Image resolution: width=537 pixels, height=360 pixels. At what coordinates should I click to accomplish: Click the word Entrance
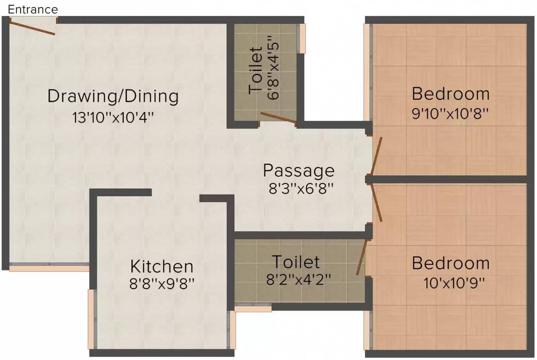click(x=32, y=9)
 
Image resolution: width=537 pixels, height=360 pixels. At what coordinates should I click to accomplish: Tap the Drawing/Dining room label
click(x=113, y=96)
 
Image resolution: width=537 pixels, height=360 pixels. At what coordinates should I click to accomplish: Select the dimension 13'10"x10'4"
click(x=113, y=118)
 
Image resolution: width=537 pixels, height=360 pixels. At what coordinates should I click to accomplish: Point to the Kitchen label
click(x=162, y=266)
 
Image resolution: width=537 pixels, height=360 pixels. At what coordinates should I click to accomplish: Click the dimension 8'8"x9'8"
click(x=162, y=283)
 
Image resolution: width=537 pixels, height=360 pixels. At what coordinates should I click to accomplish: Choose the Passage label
click(x=299, y=171)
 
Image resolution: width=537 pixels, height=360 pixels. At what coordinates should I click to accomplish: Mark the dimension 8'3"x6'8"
click(x=301, y=188)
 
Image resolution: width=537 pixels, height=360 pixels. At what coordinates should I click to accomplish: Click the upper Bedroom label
click(x=450, y=94)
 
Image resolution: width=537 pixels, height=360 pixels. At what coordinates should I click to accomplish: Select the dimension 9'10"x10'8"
click(x=450, y=113)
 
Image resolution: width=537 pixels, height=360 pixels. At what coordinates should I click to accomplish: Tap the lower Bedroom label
click(x=450, y=263)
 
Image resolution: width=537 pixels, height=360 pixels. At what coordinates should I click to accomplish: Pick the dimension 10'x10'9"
click(x=454, y=283)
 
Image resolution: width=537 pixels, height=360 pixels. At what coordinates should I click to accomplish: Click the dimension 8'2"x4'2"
click(x=298, y=279)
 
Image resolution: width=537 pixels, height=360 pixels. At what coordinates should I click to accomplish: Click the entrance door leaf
click(x=31, y=27)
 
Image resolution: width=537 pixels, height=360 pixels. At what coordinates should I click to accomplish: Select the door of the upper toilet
click(x=278, y=117)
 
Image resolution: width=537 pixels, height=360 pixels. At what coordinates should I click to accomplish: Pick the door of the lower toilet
click(x=362, y=257)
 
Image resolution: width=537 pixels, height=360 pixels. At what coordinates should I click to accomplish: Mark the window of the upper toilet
click(x=302, y=38)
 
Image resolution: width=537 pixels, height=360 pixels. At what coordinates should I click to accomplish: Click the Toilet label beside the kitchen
click(x=296, y=262)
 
